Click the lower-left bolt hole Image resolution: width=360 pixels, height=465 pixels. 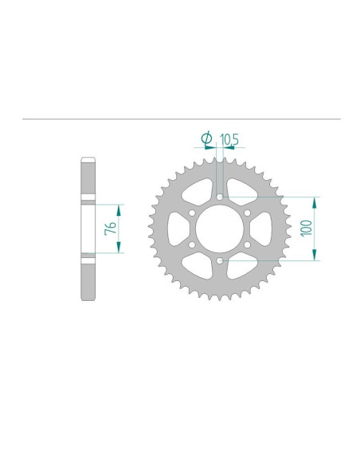(192, 244)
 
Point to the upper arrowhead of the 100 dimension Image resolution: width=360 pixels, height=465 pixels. (316, 200)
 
